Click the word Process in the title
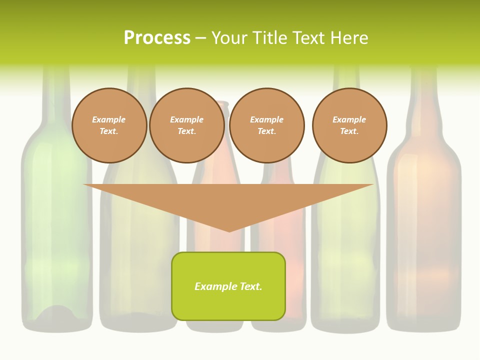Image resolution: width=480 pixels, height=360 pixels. tap(157, 38)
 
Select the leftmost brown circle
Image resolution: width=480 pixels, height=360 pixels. tap(109, 125)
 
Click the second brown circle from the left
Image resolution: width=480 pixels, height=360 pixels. tap(187, 125)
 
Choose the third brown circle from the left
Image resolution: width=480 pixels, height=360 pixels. tap(267, 125)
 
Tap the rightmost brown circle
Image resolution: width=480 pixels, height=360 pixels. tap(349, 125)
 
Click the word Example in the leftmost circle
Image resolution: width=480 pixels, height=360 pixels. tap(109, 120)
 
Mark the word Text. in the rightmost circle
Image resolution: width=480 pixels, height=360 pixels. tap(349, 131)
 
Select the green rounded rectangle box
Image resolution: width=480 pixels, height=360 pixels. tap(228, 286)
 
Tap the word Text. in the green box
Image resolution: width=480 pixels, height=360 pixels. tap(251, 286)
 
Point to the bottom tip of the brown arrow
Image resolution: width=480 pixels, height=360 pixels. tap(229, 231)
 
